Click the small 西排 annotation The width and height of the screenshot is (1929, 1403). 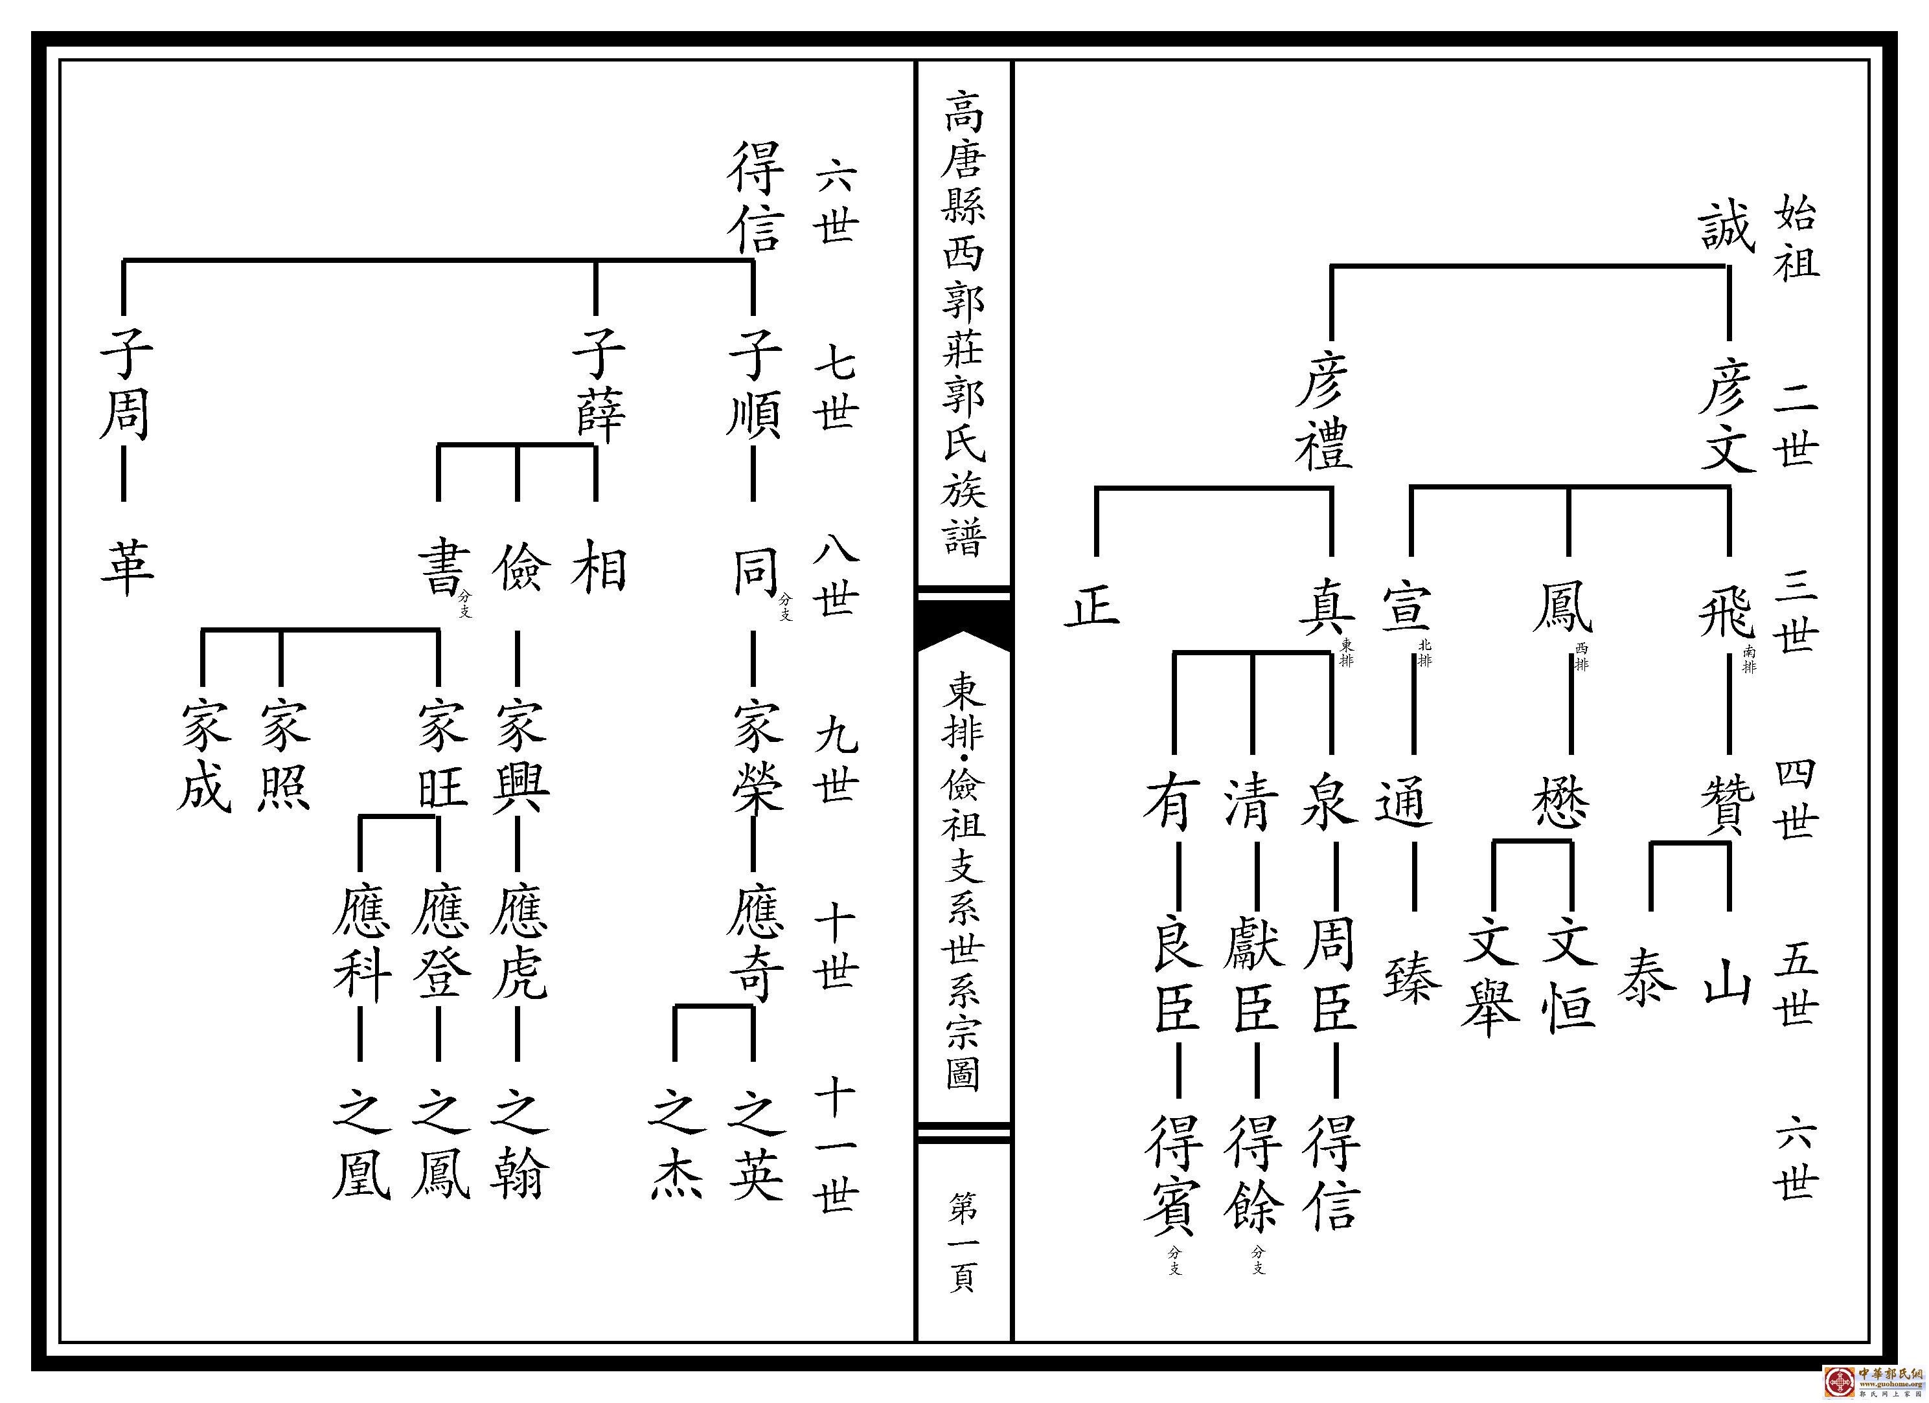(x=1581, y=657)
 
